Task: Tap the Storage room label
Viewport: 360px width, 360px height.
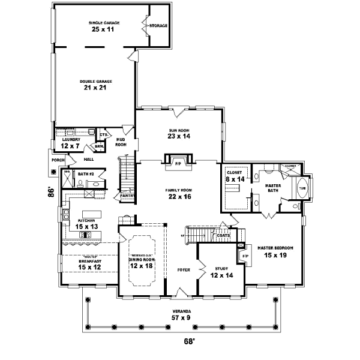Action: pyautogui.click(x=158, y=26)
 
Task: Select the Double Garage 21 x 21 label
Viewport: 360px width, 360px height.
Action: pyautogui.click(x=95, y=84)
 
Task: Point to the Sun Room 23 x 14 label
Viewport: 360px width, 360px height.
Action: pyautogui.click(x=179, y=133)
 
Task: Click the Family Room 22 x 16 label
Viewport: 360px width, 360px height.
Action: pyautogui.click(x=179, y=193)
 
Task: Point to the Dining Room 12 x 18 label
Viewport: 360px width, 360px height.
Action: pyautogui.click(x=143, y=263)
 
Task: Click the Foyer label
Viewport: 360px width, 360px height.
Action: pyautogui.click(x=184, y=270)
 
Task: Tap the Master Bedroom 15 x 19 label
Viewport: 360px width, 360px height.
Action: pyautogui.click(x=274, y=250)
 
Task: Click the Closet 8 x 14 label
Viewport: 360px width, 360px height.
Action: pyautogui.click(x=235, y=176)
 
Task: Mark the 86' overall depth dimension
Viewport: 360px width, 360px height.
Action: pyautogui.click(x=52, y=193)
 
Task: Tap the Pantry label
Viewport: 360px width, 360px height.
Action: pyautogui.click(x=126, y=195)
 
